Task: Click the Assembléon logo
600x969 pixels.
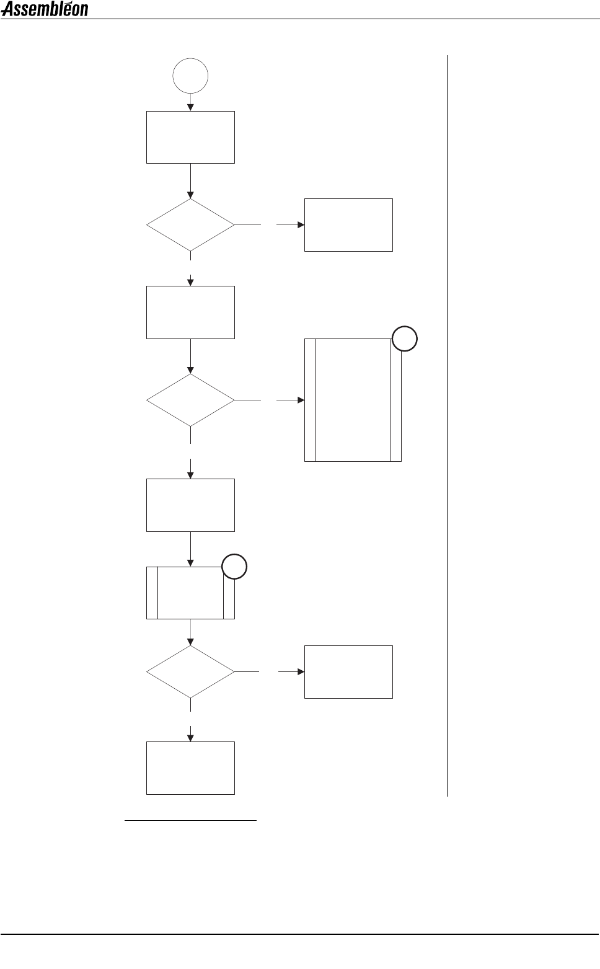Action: (45, 9)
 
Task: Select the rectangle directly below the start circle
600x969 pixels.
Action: (190, 137)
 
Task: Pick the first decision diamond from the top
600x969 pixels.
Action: (190, 225)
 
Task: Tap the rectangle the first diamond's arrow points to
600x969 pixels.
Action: (348, 225)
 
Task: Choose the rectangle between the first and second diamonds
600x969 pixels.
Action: (190, 312)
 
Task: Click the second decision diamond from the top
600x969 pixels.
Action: (190, 400)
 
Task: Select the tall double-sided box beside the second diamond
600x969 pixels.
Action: (353, 400)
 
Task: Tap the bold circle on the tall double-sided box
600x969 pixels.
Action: (405, 339)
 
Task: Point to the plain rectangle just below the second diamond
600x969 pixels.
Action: (190, 505)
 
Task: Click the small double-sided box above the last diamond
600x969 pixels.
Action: (190, 593)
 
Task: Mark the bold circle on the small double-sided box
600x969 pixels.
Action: (235, 567)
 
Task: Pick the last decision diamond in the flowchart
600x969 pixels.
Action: (190, 672)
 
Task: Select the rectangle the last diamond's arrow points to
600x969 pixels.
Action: (348, 672)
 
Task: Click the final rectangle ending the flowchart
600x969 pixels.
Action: (190, 768)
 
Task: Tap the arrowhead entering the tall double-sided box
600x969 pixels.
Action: (301, 400)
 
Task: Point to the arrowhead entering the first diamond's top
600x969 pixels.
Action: (190, 195)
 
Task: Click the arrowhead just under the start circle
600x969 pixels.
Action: (190, 107)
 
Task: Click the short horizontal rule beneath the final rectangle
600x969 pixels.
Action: (190, 821)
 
